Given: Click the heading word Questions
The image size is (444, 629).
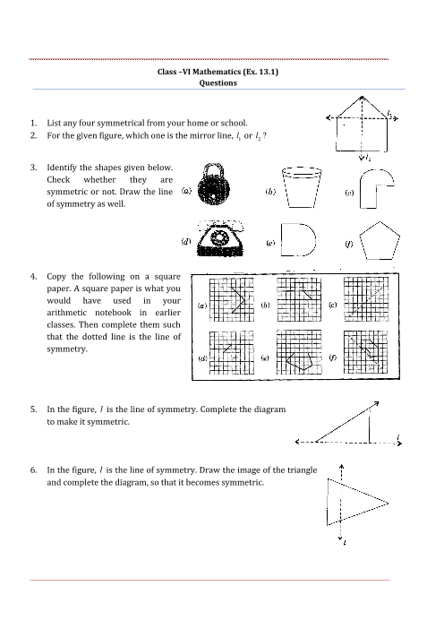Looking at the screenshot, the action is coord(218,83).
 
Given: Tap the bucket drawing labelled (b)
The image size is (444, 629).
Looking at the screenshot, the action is coord(302,187).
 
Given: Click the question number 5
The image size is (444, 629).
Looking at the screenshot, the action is coord(34,409).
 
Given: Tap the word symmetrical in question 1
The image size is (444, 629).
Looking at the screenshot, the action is coord(120,123).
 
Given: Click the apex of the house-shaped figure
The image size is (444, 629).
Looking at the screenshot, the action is coord(362,97).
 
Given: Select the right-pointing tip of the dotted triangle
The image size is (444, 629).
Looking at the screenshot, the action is coord(388,503).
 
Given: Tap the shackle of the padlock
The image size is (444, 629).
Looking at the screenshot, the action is coord(212,168).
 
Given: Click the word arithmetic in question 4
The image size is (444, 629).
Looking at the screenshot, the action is coord(66,313).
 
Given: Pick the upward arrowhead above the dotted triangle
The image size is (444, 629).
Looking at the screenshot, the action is coord(341,467).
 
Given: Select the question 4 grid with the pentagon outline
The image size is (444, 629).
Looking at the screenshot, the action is coord(299,352).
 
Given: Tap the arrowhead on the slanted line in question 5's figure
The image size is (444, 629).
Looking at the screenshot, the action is coord(377,403).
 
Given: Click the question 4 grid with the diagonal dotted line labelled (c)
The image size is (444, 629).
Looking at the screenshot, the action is coord(366,299).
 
